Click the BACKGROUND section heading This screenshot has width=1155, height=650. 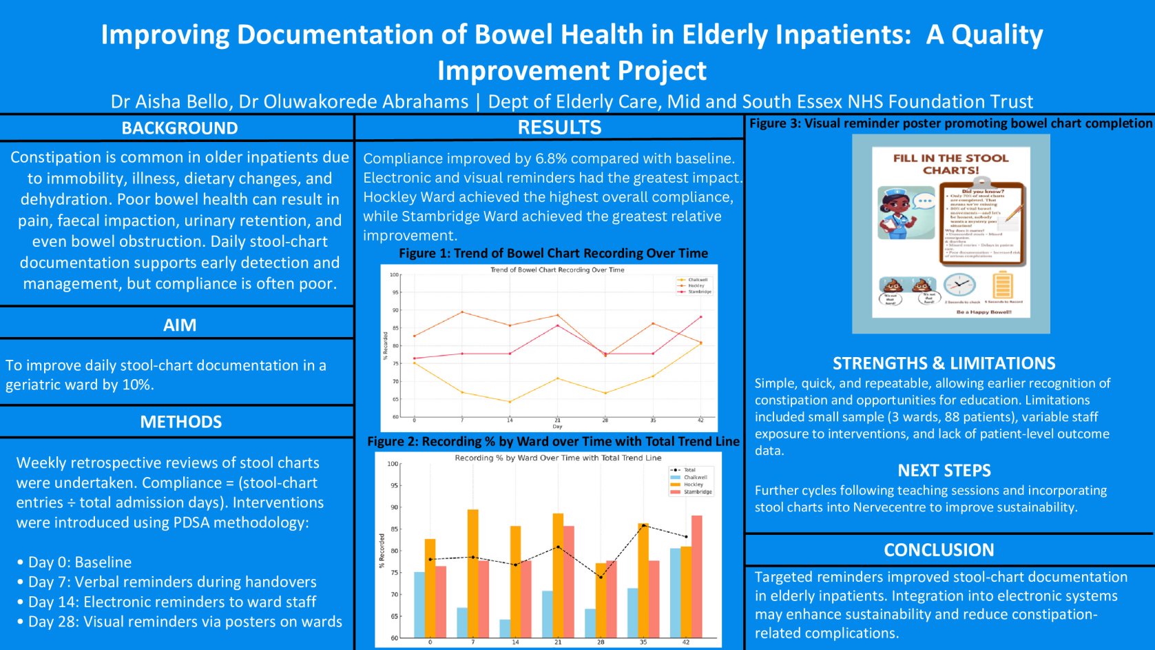pos(180,128)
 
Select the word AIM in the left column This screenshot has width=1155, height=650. pos(180,325)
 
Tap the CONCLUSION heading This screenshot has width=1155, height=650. pos(939,550)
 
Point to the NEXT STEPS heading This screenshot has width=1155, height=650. pos(944,471)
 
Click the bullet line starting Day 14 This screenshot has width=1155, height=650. pos(171,602)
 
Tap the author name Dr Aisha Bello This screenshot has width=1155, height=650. pos(169,102)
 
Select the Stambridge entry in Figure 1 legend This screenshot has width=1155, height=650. pos(698,292)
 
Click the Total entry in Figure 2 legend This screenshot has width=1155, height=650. pos(689,470)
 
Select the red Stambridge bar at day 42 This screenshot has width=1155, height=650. pos(697,576)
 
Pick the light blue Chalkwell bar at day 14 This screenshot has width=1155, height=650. pos(505,628)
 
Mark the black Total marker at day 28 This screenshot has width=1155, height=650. pos(601,577)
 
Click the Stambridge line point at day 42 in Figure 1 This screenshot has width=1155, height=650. pos(701,317)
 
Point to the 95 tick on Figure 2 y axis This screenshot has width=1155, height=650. pos(394,485)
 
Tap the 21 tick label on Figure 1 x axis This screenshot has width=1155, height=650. pos(558,420)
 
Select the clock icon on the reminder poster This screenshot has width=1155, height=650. pos(959,285)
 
